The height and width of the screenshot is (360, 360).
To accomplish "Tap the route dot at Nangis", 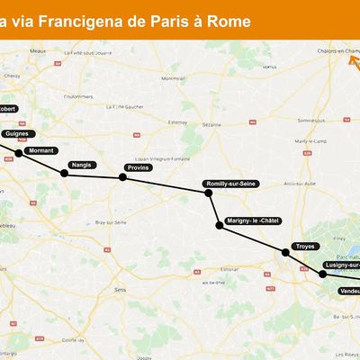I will pos(65,172).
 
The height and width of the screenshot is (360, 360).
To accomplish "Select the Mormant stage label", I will pos(41,150).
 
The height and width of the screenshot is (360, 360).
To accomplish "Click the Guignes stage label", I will pos(16,133).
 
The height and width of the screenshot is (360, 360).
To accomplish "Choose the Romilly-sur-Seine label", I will pos(231,184).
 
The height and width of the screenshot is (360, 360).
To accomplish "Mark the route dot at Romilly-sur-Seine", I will pos(210,191).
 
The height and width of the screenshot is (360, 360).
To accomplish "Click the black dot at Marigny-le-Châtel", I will pos(219,225).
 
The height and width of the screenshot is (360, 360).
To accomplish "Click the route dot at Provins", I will pos(123,177).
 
